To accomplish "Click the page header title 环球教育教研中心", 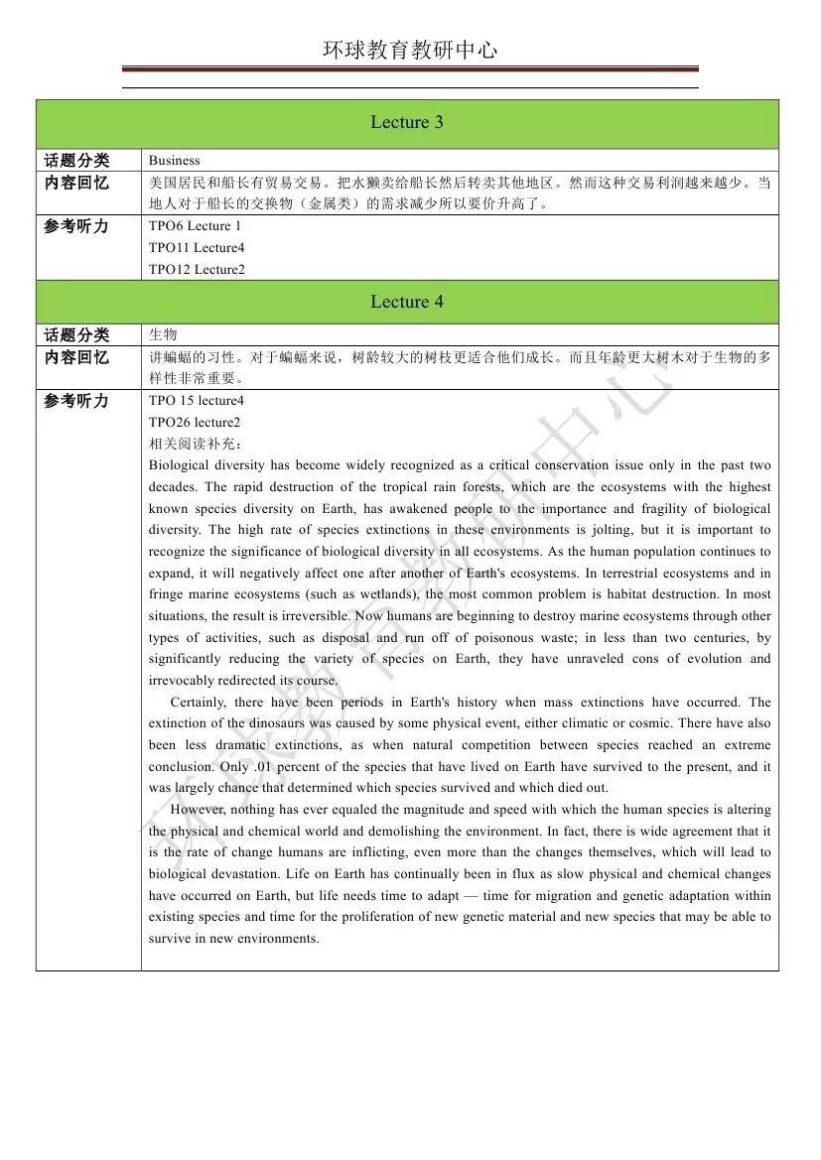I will click(x=409, y=50).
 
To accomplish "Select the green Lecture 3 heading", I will click(x=407, y=123).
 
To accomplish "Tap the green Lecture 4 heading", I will click(x=407, y=302).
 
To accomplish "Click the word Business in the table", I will click(x=174, y=160).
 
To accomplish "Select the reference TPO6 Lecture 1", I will click(x=195, y=226).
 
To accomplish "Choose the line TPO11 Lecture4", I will click(x=196, y=248).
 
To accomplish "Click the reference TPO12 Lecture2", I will click(x=196, y=270).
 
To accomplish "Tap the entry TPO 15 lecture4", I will click(x=196, y=401).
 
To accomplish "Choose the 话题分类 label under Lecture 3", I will click(x=76, y=161).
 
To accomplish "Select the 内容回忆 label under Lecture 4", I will click(x=76, y=357).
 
